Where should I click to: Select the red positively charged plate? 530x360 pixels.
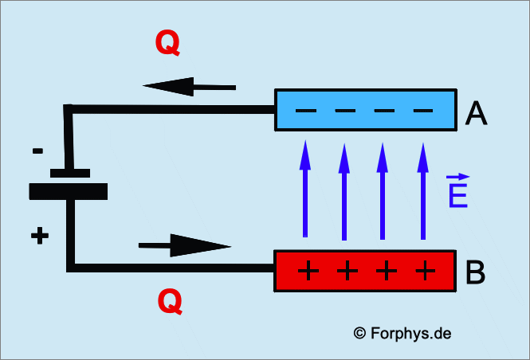(x=364, y=272)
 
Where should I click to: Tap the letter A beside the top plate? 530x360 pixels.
(x=477, y=115)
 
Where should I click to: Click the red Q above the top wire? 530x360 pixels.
(x=167, y=44)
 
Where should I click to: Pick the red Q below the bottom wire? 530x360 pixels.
(x=170, y=302)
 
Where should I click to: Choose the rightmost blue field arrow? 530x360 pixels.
(x=422, y=191)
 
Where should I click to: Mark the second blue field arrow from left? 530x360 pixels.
(x=344, y=191)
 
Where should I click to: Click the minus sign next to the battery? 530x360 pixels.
(x=38, y=150)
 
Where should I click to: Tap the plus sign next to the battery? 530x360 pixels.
(x=39, y=236)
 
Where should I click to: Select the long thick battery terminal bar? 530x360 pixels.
(x=68, y=192)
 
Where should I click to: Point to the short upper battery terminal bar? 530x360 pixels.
(x=69, y=172)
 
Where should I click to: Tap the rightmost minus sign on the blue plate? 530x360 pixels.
(x=423, y=110)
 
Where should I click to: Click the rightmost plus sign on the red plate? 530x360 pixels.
(x=426, y=272)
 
